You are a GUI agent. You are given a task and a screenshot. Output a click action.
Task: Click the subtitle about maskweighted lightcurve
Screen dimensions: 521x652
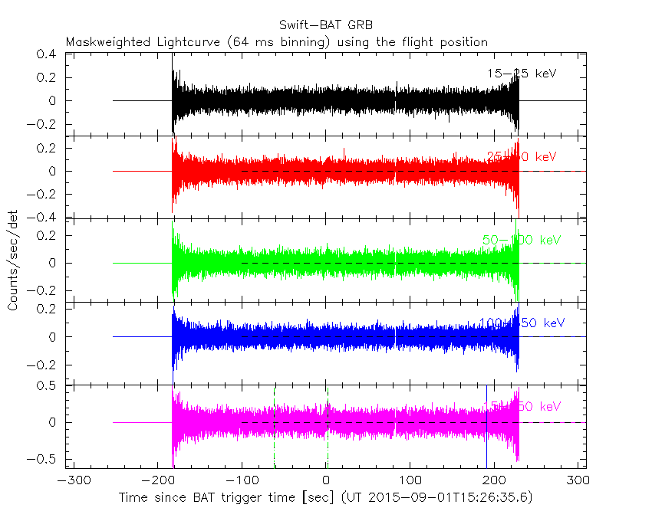click(x=277, y=42)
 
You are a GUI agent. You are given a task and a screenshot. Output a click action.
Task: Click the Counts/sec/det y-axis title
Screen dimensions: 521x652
click(x=13, y=261)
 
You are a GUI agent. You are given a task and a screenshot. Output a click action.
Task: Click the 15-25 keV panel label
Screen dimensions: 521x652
click(x=522, y=74)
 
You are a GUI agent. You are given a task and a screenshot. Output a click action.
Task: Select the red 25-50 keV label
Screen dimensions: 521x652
click(x=522, y=157)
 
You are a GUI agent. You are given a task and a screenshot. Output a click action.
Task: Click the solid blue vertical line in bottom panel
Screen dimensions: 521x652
click(x=486, y=429)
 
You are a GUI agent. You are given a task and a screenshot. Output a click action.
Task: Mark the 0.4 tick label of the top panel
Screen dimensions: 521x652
click(x=48, y=54)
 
